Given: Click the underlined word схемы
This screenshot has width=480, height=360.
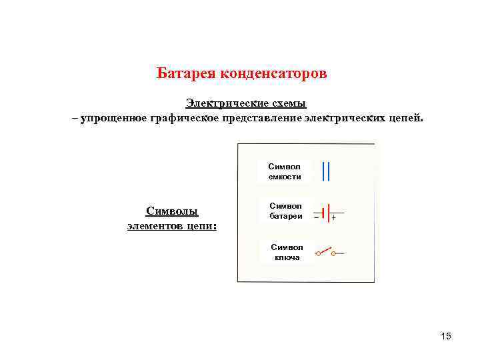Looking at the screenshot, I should click(287, 103).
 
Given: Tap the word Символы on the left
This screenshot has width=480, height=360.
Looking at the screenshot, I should click(172, 212).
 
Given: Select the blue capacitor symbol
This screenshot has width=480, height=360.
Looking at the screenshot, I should click(325, 171).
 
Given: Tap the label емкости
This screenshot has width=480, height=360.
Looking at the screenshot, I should click(285, 177).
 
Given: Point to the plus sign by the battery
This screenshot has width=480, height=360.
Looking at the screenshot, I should click(333, 219).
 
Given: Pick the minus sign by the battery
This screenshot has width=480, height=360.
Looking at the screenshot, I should click(316, 217).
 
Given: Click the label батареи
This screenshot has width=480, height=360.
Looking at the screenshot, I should click(285, 216).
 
